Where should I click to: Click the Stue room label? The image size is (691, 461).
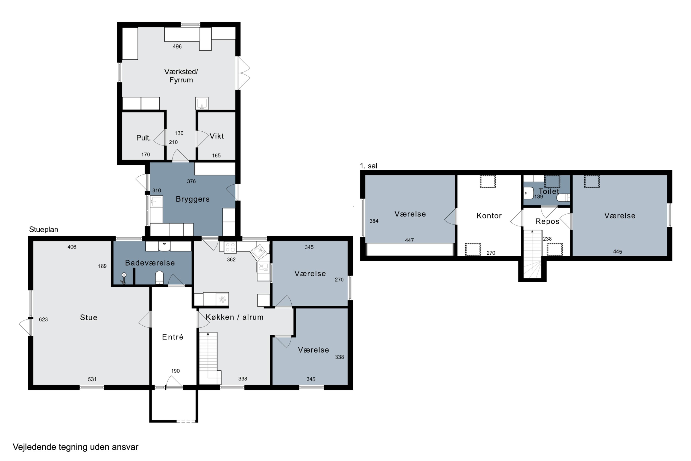pyautogui.click(x=88, y=318)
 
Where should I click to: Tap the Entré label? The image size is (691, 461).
pyautogui.click(x=173, y=337)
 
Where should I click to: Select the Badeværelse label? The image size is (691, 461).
pyautogui.click(x=150, y=263)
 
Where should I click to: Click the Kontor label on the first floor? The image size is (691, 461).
pyautogui.click(x=489, y=216)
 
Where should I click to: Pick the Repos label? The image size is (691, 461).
pyautogui.click(x=547, y=221)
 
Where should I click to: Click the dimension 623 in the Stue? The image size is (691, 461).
pyautogui.click(x=43, y=319)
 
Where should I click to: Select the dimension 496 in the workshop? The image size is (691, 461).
pyautogui.click(x=177, y=47)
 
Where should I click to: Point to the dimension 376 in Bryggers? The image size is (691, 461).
pyautogui.click(x=191, y=181)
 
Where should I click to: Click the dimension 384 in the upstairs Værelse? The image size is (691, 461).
pyautogui.click(x=374, y=221)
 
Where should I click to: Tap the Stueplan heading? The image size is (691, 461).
pyautogui.click(x=44, y=230)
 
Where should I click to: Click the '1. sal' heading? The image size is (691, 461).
pyautogui.click(x=368, y=166)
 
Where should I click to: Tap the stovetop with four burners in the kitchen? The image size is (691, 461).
pyautogui.click(x=230, y=248)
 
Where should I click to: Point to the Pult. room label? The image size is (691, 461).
pyautogui.click(x=143, y=138)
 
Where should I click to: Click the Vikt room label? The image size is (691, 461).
pyautogui.click(x=217, y=136)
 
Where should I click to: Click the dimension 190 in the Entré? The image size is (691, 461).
pyautogui.click(x=175, y=371)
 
